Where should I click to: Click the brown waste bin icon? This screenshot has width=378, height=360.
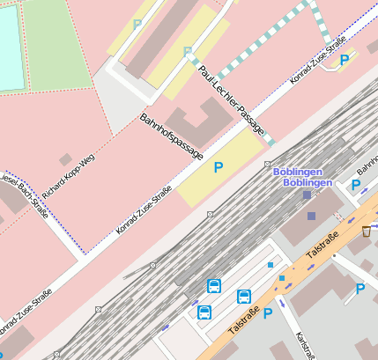click(366, 231)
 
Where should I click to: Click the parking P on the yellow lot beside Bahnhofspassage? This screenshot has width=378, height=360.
click(219, 165)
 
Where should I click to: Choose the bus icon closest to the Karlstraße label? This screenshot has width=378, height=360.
click(244, 297)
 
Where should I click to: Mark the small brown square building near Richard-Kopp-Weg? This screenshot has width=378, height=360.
click(65, 159)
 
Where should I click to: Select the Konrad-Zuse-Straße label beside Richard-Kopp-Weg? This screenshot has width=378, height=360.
click(144, 208)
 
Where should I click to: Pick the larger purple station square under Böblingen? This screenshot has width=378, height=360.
click(306, 195)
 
